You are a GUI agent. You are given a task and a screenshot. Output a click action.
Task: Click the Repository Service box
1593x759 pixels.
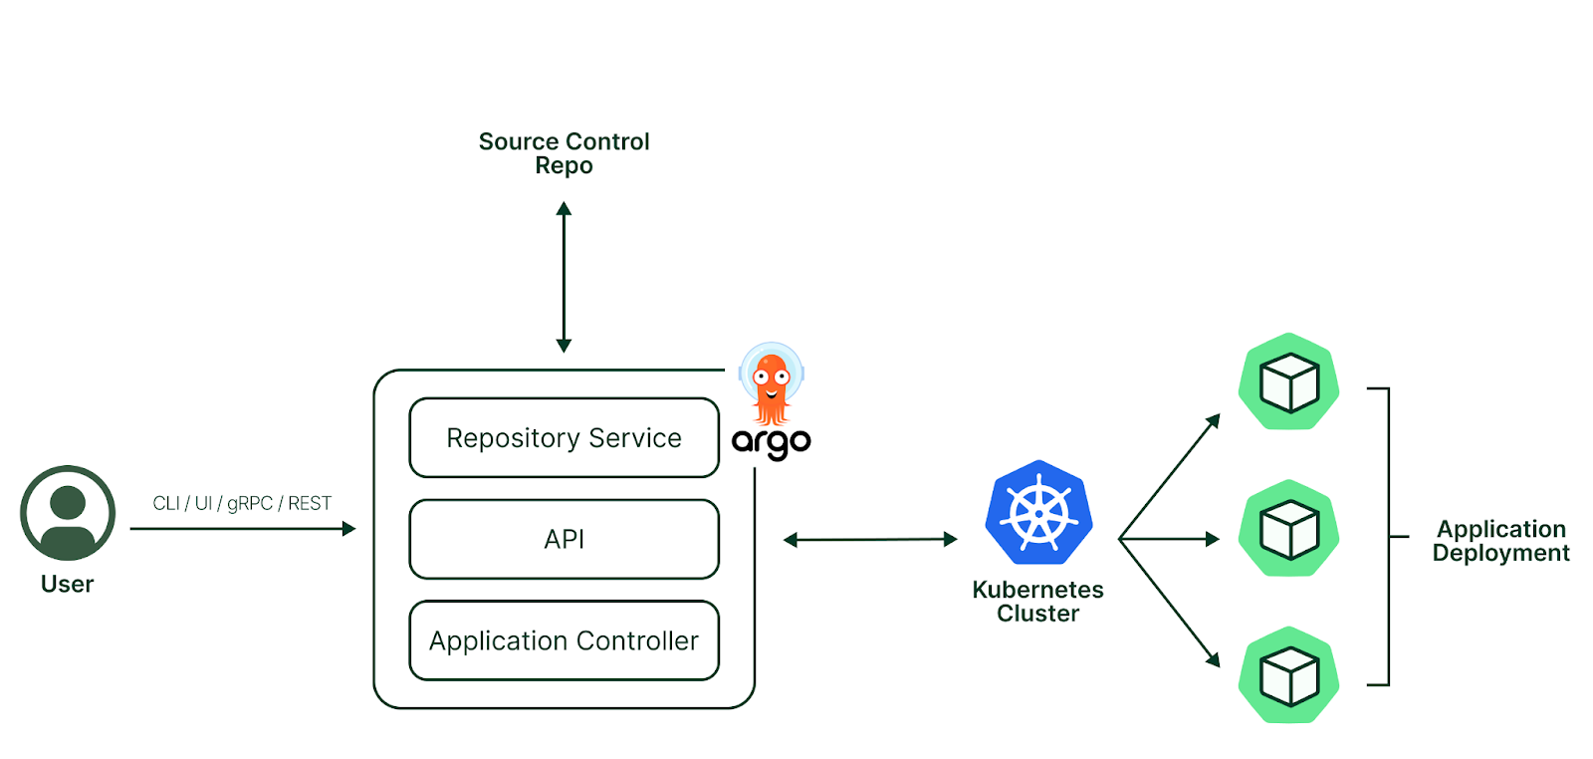[564, 437]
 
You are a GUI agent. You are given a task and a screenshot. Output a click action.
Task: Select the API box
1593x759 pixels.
[564, 539]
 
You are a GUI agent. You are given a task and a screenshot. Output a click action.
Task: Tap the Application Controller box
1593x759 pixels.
[564, 640]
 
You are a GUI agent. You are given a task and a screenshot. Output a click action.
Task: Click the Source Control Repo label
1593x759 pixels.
[564, 153]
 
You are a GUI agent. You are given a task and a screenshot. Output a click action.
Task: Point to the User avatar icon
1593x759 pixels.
[68, 513]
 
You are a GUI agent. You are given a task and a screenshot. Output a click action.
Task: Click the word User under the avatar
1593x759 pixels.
[67, 584]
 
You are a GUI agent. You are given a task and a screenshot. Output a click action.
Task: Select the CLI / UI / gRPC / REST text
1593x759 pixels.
[242, 503]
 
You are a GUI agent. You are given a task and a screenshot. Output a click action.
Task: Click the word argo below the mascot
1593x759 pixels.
[772, 441]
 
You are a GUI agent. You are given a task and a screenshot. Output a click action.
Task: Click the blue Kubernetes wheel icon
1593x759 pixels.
[1038, 513]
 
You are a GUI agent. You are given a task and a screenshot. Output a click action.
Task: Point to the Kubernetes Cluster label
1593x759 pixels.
[1037, 601]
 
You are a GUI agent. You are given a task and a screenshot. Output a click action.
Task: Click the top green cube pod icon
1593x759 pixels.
[1288, 381]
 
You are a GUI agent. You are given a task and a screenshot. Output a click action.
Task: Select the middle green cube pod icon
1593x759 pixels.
[1288, 529]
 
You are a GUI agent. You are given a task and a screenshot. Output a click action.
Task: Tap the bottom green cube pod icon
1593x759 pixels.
[1288, 675]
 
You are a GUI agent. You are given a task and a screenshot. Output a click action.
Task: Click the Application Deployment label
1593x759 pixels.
[1500, 541]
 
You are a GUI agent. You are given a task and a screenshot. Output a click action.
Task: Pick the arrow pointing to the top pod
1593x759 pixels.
[1171, 475]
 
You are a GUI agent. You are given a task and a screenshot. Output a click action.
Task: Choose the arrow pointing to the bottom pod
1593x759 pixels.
[1171, 604]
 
